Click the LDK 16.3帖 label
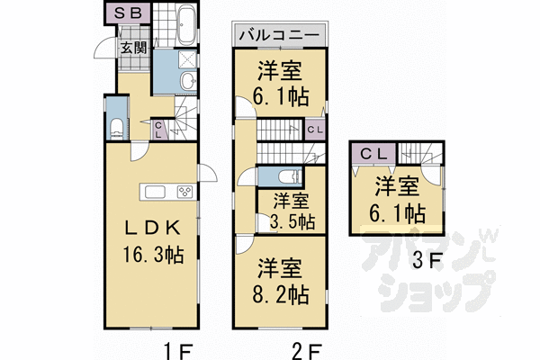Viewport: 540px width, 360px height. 151,238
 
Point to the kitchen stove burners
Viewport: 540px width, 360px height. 184,192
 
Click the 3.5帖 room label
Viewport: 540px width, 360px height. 292,211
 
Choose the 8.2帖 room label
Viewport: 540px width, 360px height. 281,281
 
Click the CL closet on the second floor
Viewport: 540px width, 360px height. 315,130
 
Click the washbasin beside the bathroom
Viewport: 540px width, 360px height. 186,82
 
